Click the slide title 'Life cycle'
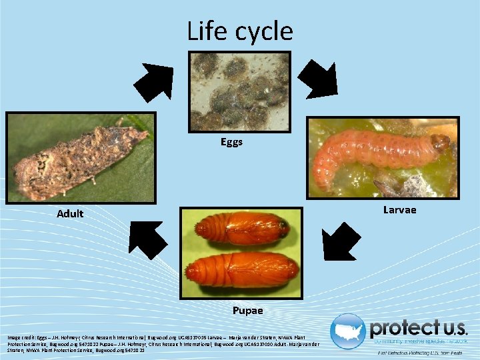point(239,31)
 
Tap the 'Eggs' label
point(232,142)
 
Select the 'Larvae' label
point(399,210)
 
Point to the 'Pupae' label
point(247,311)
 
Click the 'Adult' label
point(70,214)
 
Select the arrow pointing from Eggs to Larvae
point(317,78)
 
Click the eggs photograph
point(239,91)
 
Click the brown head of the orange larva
point(440,142)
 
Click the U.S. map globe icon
point(348,331)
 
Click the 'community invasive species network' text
point(420,341)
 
